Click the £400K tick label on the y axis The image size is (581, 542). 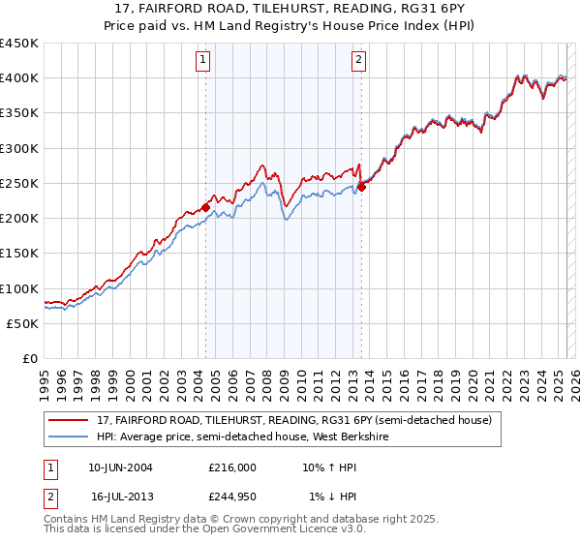tap(19, 78)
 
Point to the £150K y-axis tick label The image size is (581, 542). tap(19, 254)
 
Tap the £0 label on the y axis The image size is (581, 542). tap(29, 359)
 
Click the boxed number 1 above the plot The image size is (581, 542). tap(204, 60)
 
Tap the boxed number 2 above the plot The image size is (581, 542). tap(358, 60)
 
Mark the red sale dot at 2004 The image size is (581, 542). tap(205, 207)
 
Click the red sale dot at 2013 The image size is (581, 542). tap(361, 187)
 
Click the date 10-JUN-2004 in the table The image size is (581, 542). tap(120, 467)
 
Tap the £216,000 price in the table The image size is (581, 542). tap(231, 467)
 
